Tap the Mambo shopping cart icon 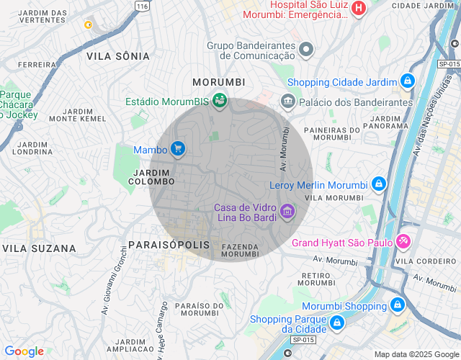(178, 149)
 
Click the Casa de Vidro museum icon (287, 211)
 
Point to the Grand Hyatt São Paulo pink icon (405, 241)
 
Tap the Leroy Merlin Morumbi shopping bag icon (378, 184)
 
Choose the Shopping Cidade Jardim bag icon (408, 81)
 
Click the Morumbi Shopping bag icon (397, 305)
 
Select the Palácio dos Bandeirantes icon (288, 101)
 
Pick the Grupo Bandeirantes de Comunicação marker (306, 50)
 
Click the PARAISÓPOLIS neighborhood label (169, 245)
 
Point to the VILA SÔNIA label (118, 56)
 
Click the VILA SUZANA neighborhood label (39, 248)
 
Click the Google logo (24, 351)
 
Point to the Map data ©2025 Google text (416, 354)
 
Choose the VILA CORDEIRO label (428, 261)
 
